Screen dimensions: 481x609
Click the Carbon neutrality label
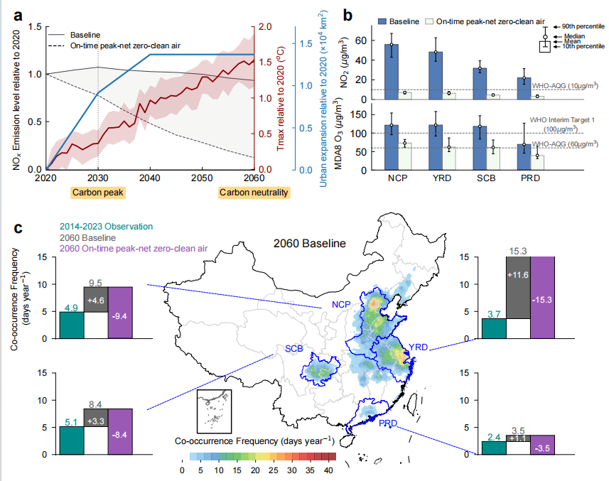(x=254, y=193)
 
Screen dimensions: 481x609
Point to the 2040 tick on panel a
(x=151, y=175)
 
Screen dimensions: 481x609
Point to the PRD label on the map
(x=387, y=424)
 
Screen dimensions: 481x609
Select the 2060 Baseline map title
(x=310, y=243)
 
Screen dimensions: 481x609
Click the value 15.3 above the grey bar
(x=518, y=251)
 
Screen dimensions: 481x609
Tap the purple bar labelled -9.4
(x=120, y=313)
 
